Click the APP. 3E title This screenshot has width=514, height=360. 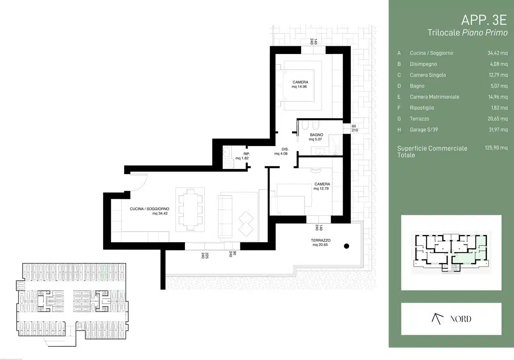tap(484, 20)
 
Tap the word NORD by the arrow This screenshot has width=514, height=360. tap(460, 319)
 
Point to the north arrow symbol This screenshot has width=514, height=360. tap(437, 319)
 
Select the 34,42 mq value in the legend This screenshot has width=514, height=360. tap(497, 53)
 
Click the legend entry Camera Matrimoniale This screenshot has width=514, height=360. tap(434, 97)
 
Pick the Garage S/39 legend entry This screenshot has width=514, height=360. tap(424, 130)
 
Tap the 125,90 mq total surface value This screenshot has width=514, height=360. tap(496, 147)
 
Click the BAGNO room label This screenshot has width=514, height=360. tap(317, 135)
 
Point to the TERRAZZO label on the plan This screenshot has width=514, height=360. tap(320, 240)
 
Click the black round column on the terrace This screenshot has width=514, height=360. tap(347, 246)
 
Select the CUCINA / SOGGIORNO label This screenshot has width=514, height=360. tap(149, 209)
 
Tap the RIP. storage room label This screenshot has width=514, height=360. tap(247, 154)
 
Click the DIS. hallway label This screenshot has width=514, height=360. tap(285, 149)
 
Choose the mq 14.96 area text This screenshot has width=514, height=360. tap(299, 87)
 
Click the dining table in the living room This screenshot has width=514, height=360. tap(190, 210)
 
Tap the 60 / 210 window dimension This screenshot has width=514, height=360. tap(355, 128)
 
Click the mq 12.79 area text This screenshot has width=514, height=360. tap(321, 189)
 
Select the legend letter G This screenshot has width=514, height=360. tap(399, 119)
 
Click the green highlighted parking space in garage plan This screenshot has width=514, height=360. tap(105, 272)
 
